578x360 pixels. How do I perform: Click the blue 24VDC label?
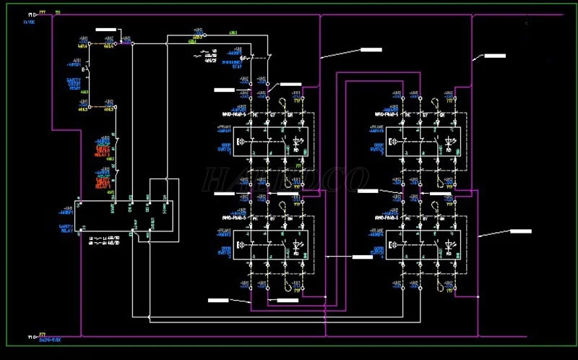[29, 22]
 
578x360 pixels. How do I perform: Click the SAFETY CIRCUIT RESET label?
[74, 83]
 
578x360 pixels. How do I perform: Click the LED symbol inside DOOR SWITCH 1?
[297, 142]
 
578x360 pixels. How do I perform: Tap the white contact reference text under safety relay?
[102, 240]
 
